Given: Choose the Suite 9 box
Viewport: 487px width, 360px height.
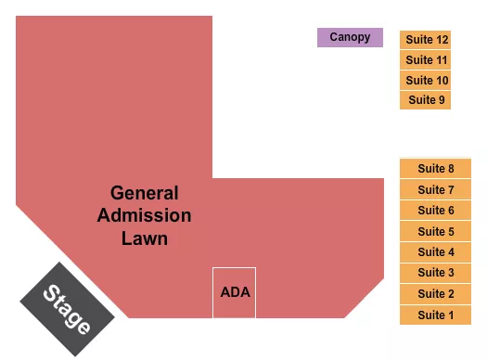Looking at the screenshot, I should tap(426, 100).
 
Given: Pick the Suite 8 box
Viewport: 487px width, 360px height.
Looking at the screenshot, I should tap(435, 168).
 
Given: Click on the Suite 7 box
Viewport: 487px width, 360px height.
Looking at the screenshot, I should tap(435, 189).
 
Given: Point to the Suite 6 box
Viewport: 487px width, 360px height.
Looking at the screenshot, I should tap(435, 211).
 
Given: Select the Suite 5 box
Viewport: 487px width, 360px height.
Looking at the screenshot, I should tap(435, 231).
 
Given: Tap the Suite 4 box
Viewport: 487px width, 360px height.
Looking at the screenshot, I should tap(435, 251).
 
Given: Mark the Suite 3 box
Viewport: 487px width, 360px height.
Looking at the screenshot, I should tap(435, 273).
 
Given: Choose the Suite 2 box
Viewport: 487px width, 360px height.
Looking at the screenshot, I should tap(435, 294).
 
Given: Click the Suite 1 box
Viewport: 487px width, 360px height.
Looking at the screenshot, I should tap(435, 315).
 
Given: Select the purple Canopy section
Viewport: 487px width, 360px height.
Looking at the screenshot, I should tap(350, 38).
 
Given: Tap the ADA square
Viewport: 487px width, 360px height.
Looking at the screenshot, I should tap(234, 292).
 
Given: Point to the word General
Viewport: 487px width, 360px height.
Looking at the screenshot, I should tap(144, 194).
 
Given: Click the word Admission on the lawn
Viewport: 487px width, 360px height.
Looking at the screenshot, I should tap(144, 216).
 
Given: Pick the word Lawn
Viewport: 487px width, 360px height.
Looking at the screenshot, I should tap(144, 238).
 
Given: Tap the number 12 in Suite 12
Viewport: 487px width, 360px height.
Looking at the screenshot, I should tap(442, 40).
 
